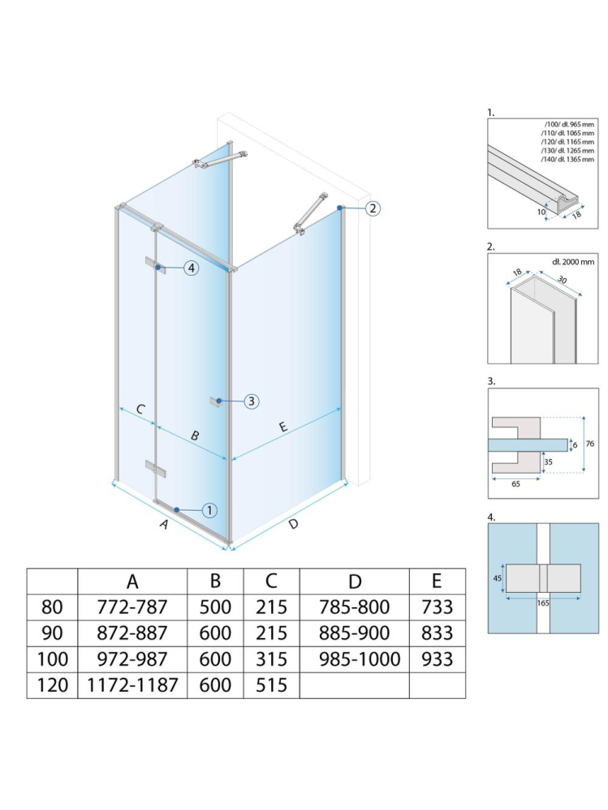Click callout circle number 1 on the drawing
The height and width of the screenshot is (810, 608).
pyautogui.click(x=209, y=510)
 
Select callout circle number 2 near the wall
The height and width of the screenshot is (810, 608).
pyautogui.click(x=372, y=208)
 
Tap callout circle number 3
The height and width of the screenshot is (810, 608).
pyautogui.click(x=251, y=401)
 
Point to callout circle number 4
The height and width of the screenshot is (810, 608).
pyautogui.click(x=190, y=268)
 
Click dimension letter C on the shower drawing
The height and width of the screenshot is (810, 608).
pyautogui.click(x=140, y=409)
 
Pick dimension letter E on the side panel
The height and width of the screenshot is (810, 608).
pyautogui.click(x=283, y=427)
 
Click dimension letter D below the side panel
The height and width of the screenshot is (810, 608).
pyautogui.click(x=293, y=524)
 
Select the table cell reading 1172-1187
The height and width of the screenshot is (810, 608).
pyautogui.click(x=132, y=684)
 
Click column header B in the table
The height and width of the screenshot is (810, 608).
pyautogui.click(x=215, y=581)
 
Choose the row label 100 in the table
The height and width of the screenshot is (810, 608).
pyautogui.click(x=53, y=658)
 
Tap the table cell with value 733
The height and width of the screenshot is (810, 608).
pyautogui.click(x=438, y=606)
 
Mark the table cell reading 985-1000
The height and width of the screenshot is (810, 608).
pyautogui.click(x=354, y=658)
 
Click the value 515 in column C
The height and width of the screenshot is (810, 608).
pyautogui.click(x=271, y=684)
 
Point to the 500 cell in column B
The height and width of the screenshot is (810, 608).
pyautogui.click(x=215, y=606)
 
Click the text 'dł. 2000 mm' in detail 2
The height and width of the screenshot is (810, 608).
pyautogui.click(x=562, y=261)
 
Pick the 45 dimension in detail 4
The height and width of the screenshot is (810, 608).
pyautogui.click(x=497, y=578)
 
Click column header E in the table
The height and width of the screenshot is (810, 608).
pyautogui.click(x=438, y=581)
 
